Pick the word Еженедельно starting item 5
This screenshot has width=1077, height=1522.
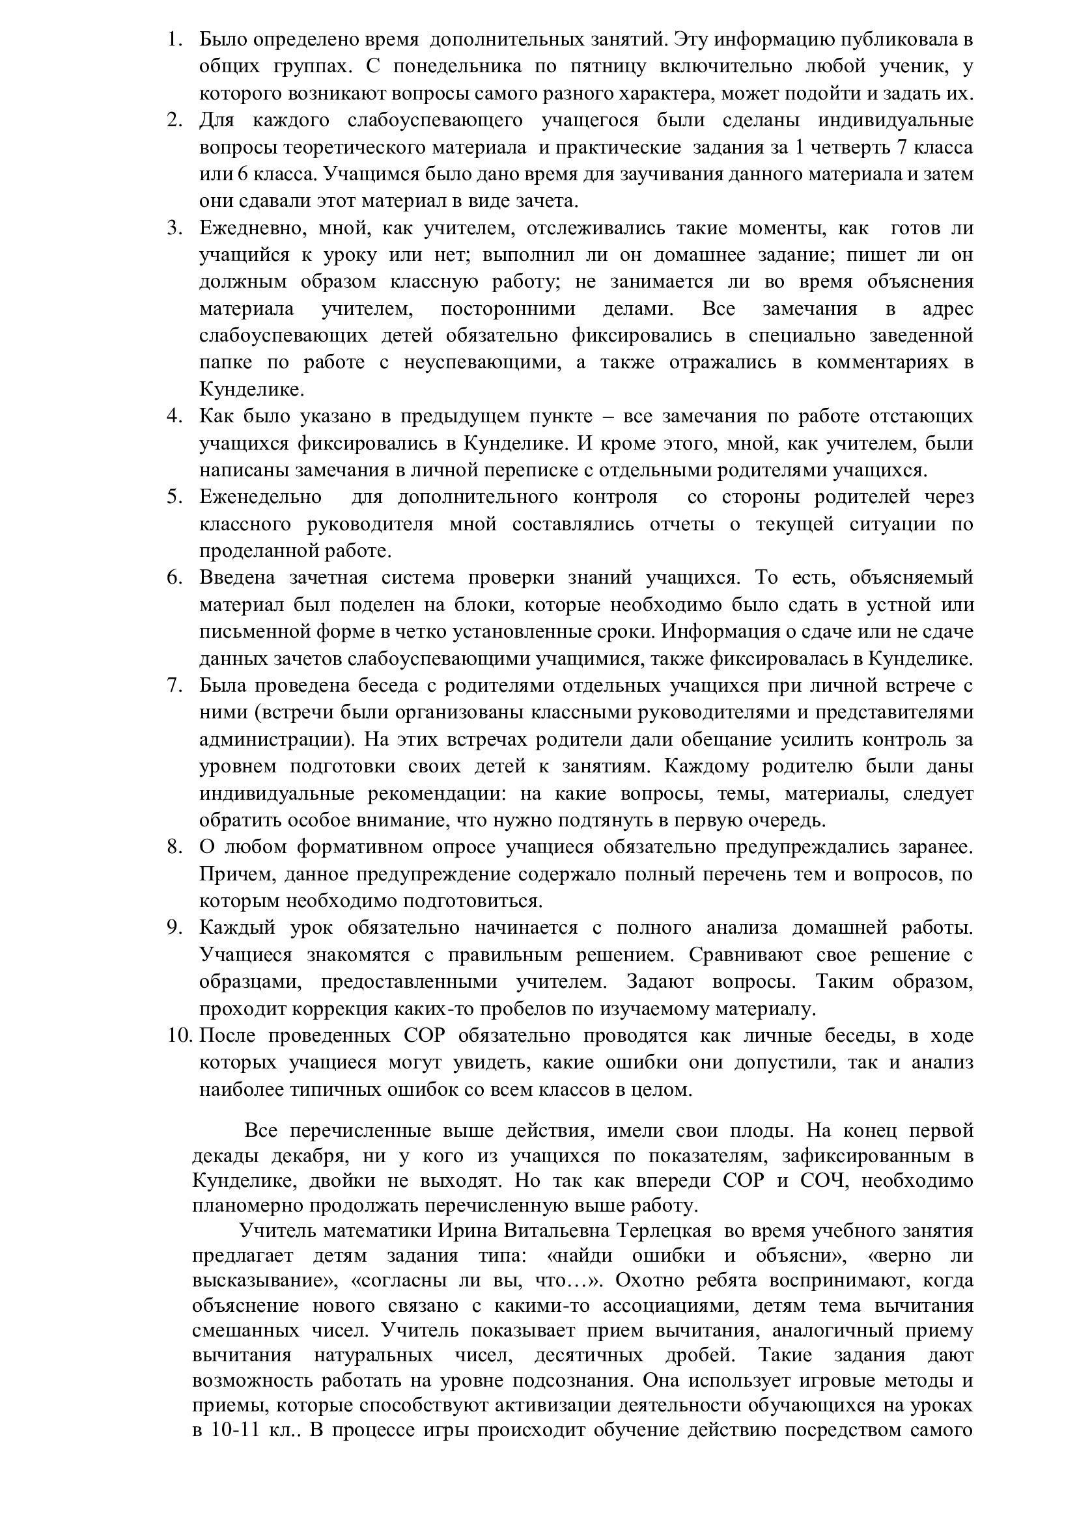pyautogui.click(x=260, y=496)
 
